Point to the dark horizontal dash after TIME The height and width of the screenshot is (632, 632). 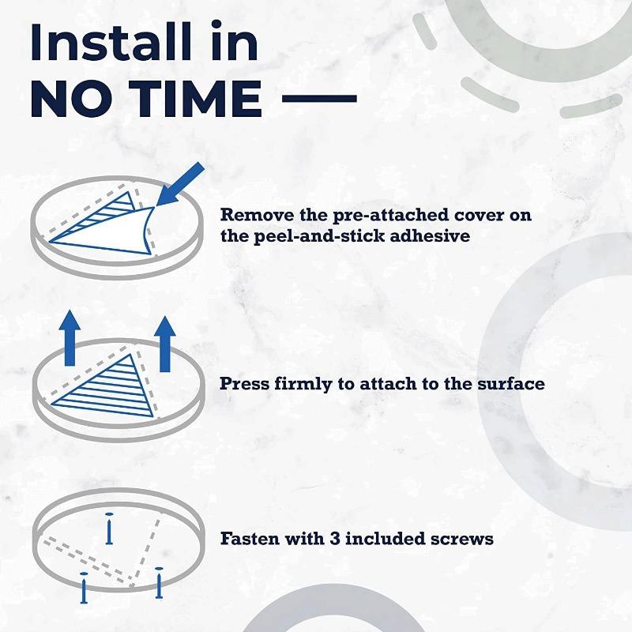pyautogui.click(x=319, y=98)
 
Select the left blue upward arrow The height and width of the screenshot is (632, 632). pyautogui.click(x=70, y=338)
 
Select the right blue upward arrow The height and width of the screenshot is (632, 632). pyautogui.click(x=165, y=344)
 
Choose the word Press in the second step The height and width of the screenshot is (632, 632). pyautogui.click(x=244, y=383)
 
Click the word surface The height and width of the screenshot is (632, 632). pyautogui.click(x=510, y=384)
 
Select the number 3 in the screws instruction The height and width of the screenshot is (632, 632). pyautogui.click(x=334, y=539)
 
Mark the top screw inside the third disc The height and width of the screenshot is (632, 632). pyautogui.click(x=109, y=529)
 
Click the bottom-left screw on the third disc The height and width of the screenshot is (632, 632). pyautogui.click(x=84, y=588)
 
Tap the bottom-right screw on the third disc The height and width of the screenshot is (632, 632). pyautogui.click(x=160, y=583)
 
